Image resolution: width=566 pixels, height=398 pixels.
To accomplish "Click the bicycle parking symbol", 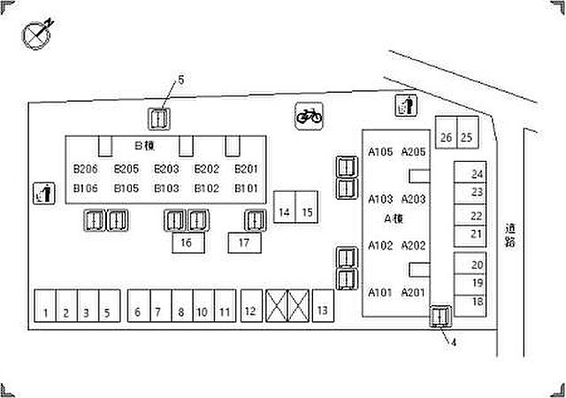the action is click(x=309, y=116).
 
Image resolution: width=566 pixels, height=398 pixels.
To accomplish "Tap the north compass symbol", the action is click(x=37, y=34).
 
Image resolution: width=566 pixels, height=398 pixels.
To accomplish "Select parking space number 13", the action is click(x=323, y=305).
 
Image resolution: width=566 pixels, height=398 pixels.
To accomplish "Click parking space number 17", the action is click(x=244, y=242).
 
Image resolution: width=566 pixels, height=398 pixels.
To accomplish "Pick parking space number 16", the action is click(x=188, y=242).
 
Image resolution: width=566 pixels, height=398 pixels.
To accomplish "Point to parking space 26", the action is click(x=446, y=132).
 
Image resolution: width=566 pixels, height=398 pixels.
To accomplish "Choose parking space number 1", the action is click(x=45, y=305).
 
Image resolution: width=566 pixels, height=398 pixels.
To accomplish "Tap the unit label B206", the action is click(x=86, y=169).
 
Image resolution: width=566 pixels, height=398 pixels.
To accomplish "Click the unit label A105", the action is click(x=380, y=152).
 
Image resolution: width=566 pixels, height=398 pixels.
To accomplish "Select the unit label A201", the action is click(x=413, y=293).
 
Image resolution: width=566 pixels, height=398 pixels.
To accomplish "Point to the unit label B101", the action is click(x=246, y=188).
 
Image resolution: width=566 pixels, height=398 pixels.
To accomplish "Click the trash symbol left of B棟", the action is click(x=44, y=193).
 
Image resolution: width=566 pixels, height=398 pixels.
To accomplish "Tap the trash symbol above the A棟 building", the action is click(x=407, y=105).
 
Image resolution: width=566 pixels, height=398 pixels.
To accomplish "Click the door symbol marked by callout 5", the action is click(x=159, y=119).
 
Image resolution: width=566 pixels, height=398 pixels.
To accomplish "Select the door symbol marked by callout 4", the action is click(x=440, y=317).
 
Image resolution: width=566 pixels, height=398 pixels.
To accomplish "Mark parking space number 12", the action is click(x=251, y=305).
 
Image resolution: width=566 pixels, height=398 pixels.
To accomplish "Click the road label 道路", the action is click(x=510, y=235).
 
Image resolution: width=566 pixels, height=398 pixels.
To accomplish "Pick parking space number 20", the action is click(x=470, y=264).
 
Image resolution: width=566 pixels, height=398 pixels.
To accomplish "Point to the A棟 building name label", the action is click(x=394, y=218).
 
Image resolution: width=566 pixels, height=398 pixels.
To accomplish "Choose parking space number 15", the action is click(x=307, y=207).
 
